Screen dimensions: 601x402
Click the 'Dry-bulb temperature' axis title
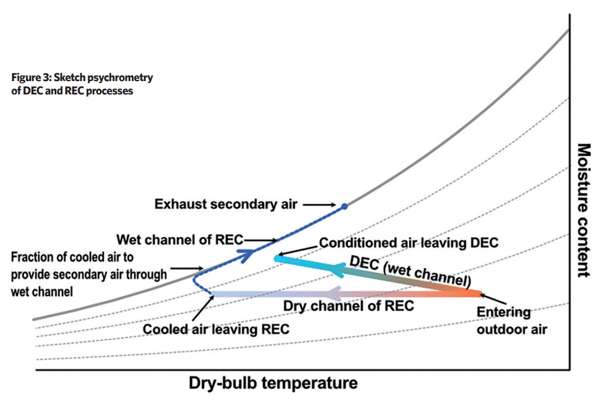tap(273, 383)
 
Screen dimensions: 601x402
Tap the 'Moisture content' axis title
tap(584, 210)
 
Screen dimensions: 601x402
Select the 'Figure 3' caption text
tap(82, 84)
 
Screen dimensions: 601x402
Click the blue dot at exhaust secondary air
tap(344, 206)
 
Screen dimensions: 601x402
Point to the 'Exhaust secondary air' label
tap(226, 204)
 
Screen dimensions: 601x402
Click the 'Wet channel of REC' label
tap(180, 240)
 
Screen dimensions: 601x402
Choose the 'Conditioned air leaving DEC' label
tap(409, 242)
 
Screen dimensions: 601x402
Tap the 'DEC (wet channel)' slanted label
tap(410, 272)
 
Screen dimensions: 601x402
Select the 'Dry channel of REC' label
tap(349, 306)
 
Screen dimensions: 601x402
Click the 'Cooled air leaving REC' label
tap(216, 329)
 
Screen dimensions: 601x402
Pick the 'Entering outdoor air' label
tap(511, 321)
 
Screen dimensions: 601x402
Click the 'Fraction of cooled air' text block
tap(89, 274)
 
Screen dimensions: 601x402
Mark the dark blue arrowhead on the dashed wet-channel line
tap(246, 254)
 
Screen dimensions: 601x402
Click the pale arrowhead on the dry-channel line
tap(334, 294)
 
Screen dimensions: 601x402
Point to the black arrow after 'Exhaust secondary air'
tap(320, 205)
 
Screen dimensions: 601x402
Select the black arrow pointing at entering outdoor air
tap(493, 299)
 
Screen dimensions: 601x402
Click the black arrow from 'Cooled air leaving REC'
tap(203, 308)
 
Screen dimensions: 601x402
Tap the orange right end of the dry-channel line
tap(479, 294)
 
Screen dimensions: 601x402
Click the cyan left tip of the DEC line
tap(276, 259)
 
